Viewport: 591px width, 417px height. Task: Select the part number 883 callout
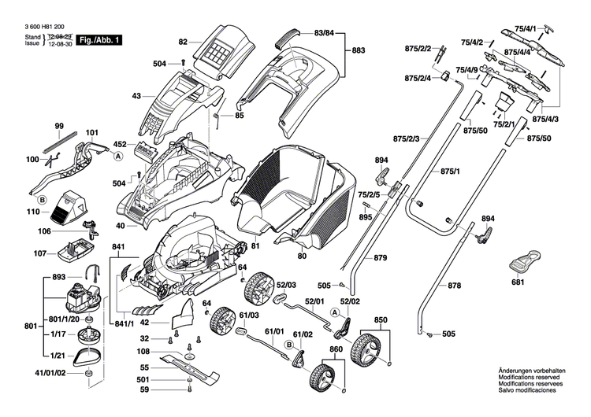click(359, 50)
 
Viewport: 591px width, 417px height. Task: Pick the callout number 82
click(183, 42)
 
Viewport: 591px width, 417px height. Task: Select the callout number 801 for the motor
click(29, 325)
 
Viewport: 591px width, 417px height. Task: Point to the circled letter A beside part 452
click(119, 157)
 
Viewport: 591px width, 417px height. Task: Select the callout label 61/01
click(273, 332)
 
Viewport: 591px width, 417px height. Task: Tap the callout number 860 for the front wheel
click(336, 349)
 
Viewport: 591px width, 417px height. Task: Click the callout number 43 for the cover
click(136, 96)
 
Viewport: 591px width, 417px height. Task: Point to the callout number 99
click(59, 127)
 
